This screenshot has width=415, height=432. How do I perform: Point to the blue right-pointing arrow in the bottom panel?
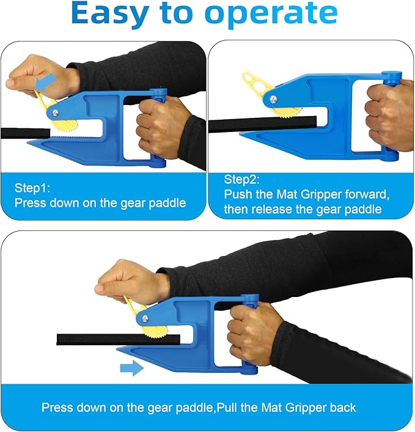click(x=131, y=368)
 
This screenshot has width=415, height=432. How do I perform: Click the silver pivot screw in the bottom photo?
click(x=144, y=317)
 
